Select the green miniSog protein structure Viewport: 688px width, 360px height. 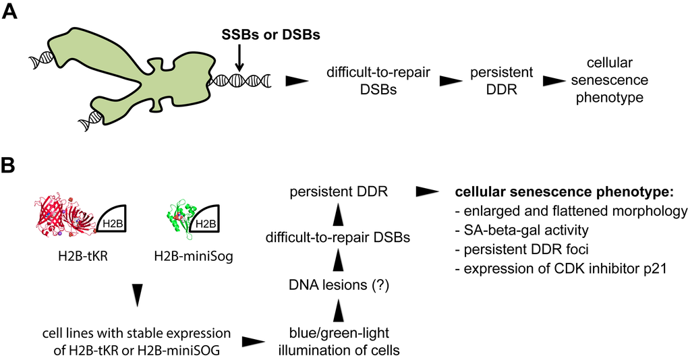(180, 216)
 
